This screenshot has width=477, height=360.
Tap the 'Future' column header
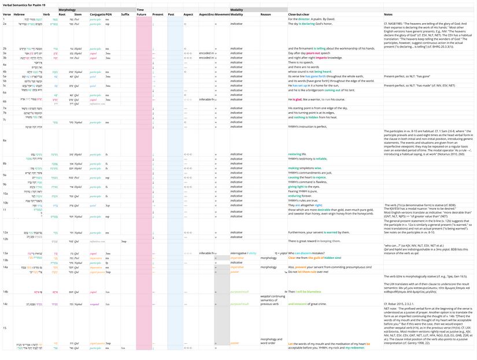coord(141,14)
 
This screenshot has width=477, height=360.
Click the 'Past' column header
coord(171,14)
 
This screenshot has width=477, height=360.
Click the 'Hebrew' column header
coord(20,14)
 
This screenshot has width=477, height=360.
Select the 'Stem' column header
coord(77,14)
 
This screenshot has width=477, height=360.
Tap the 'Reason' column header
coord(265,14)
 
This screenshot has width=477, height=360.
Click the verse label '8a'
coord(5,140)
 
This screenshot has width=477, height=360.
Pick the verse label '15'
coord(4,328)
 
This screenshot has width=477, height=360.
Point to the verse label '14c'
coord(5,303)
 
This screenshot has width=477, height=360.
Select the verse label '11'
coord(4,209)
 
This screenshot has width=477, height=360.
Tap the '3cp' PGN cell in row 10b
coord(108,205)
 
